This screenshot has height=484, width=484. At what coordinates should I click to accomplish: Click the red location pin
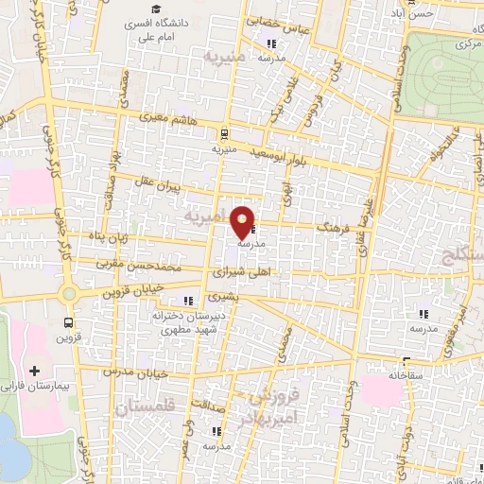pos(244,222)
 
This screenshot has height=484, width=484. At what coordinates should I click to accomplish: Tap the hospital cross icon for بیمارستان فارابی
pos(36,371)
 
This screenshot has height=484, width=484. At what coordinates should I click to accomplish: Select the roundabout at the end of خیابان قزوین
pos(68,293)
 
